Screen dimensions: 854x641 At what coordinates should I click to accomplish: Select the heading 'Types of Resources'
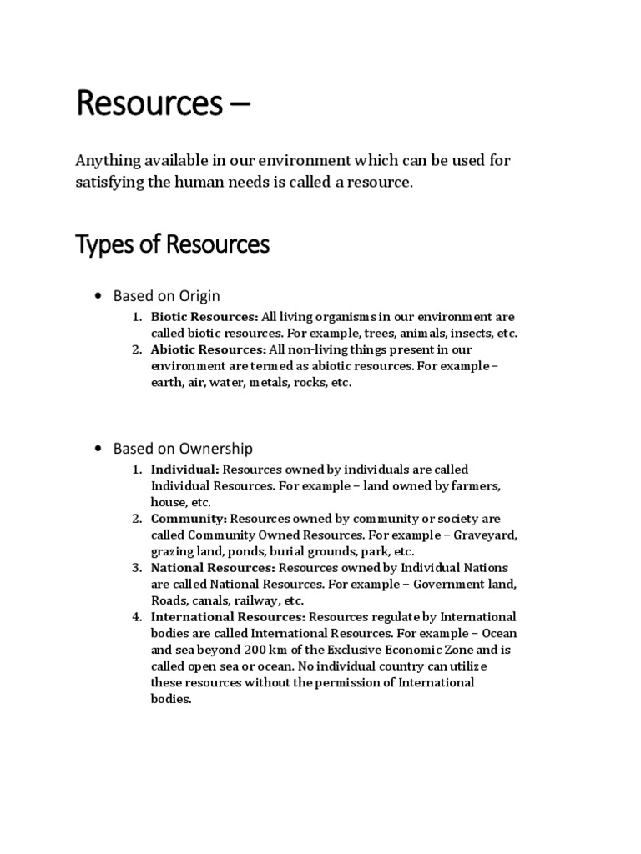pyautogui.click(x=173, y=244)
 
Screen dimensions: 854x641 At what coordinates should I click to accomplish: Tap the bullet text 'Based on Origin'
pyautogui.click(x=166, y=296)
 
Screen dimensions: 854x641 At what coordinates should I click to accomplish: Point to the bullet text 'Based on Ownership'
pyautogui.click(x=183, y=449)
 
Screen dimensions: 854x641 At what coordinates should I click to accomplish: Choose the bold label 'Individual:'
pyautogui.click(x=184, y=470)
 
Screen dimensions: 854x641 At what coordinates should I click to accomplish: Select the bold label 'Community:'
pyautogui.click(x=189, y=519)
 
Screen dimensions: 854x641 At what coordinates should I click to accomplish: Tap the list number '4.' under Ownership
pyautogui.click(x=136, y=617)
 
